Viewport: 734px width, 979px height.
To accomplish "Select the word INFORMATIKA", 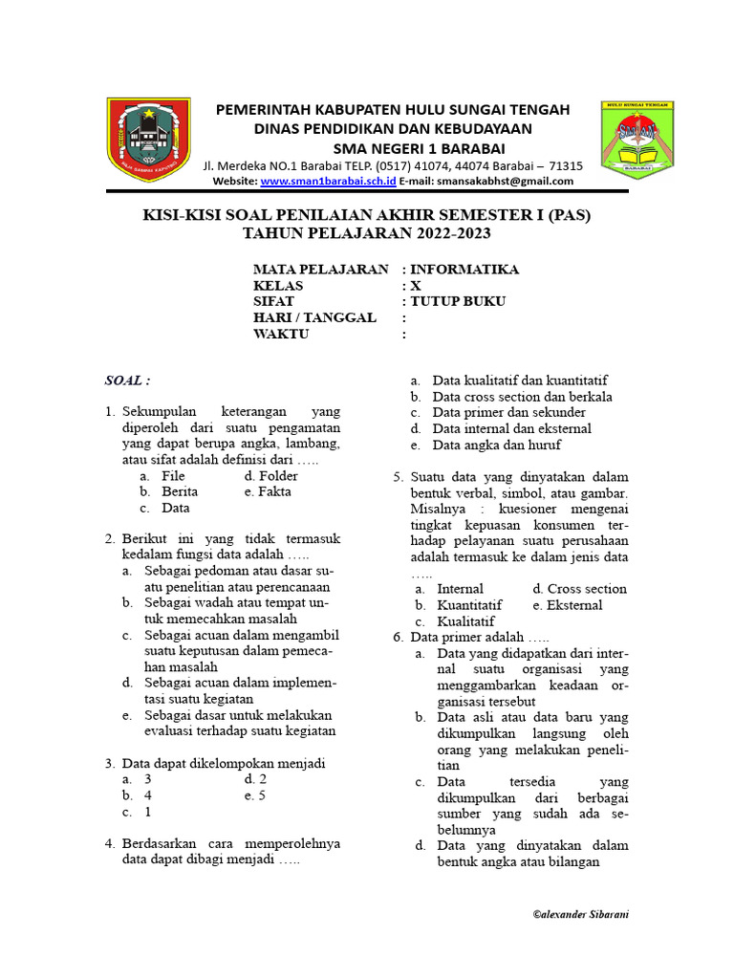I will tap(464, 270).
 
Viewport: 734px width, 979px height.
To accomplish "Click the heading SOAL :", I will tap(127, 381).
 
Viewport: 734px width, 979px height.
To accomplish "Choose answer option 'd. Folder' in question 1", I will tap(271, 476).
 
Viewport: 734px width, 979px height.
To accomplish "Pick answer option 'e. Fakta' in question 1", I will tap(268, 492).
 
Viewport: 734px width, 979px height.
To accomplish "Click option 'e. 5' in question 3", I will tap(255, 795).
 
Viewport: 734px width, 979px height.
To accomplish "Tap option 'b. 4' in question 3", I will tap(138, 795).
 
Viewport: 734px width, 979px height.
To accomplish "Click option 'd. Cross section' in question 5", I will tap(579, 589).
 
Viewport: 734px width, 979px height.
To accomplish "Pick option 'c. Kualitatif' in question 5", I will tap(457, 621).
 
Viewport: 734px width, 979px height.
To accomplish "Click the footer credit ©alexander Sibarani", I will tap(580, 914).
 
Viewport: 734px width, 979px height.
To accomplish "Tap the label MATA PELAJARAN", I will tap(320, 270).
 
